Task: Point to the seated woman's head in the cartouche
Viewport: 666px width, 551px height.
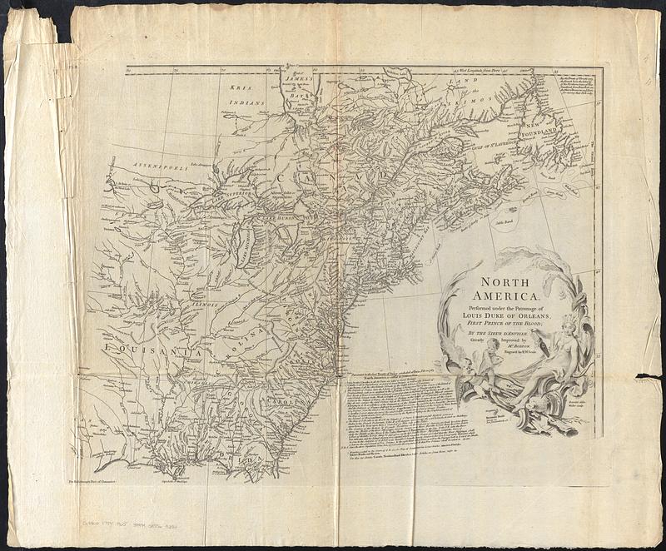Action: pyautogui.click(x=569, y=321)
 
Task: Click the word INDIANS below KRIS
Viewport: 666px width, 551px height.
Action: pyautogui.click(x=247, y=102)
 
